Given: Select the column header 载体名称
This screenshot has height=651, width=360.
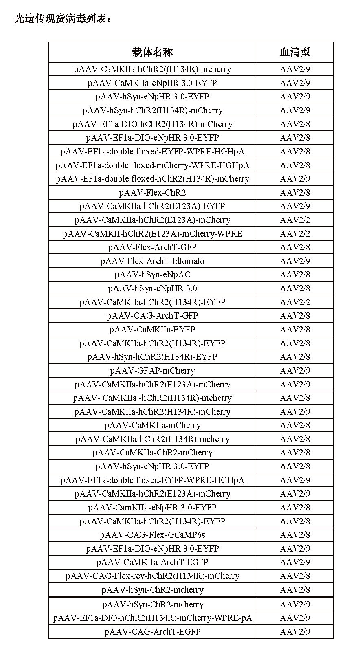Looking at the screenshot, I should tap(152, 52).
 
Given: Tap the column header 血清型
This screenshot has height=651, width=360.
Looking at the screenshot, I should tap(295, 52).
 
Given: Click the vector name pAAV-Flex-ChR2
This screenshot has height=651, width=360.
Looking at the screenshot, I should tap(152, 193).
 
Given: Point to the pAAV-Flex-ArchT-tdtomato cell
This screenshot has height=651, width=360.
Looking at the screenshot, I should tap(152, 261).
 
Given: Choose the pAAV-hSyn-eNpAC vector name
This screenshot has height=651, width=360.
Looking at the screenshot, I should tap(152, 275).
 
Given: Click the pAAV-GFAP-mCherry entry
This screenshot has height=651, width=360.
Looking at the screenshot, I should tap(152, 371).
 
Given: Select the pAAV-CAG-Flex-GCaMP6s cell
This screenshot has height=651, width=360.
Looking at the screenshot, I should tap(152, 535).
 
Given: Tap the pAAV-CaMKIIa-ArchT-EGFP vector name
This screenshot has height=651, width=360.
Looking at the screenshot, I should tap(152, 562).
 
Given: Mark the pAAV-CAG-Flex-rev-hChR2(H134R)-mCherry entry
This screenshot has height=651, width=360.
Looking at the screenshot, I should tap(152, 576).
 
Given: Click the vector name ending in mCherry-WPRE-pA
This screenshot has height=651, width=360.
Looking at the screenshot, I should tap(152, 618).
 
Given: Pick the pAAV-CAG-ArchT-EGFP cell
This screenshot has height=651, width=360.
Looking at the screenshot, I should tap(152, 632).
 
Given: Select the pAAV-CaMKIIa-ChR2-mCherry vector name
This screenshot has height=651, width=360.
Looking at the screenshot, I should tap(152, 453).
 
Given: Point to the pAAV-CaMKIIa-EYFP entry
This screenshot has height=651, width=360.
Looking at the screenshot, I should tap(152, 330).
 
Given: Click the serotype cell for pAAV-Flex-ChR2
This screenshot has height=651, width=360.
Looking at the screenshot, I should tap(295, 193).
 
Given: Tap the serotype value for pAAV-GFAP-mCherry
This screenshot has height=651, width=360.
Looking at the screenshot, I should tap(295, 371).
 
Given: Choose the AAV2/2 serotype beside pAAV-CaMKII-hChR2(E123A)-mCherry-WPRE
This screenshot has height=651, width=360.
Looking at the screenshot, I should tap(295, 234).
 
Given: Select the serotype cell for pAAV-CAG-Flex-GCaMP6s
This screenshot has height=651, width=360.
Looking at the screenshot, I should tap(295, 535).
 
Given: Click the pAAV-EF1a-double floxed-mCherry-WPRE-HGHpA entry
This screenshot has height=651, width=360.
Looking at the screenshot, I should tap(152, 165).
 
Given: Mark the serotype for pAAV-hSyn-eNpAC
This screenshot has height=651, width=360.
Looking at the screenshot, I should tap(295, 275).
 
